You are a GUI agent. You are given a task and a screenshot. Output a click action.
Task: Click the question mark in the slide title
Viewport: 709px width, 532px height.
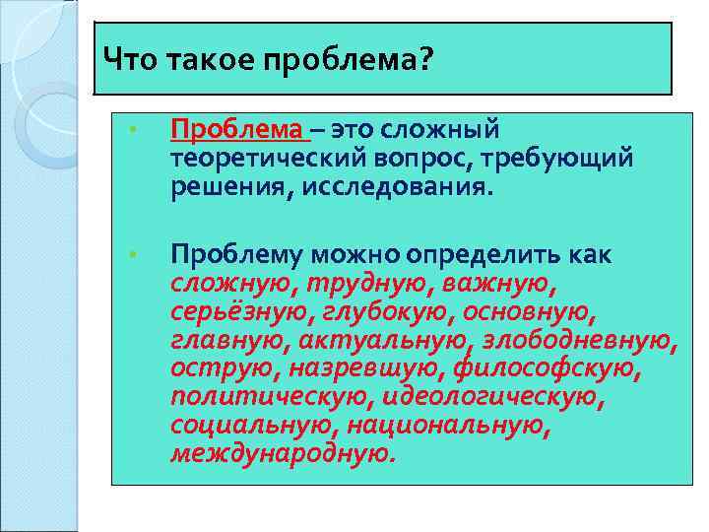pyautogui.click(x=425, y=61)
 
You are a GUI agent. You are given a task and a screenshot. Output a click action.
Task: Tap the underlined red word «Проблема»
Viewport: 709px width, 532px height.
pyautogui.click(x=236, y=130)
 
